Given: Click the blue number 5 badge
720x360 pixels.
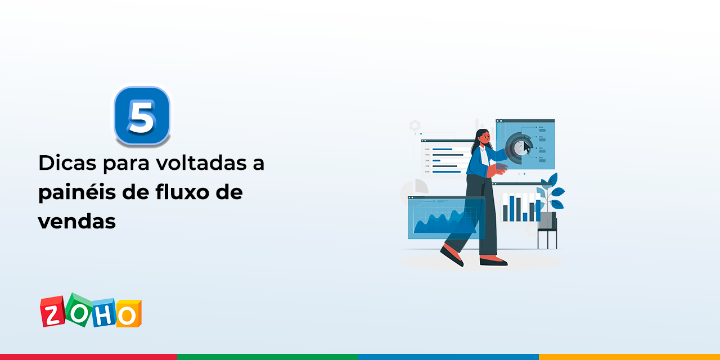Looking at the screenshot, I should coord(142,115).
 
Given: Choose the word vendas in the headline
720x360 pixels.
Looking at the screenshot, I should coord(76,222).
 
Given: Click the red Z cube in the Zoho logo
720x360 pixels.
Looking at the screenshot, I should coord(53,312).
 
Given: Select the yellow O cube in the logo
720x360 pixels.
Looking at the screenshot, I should coord(128,314).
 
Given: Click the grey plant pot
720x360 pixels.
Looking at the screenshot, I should coord(547,220).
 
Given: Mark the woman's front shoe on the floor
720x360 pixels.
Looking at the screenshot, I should coord(493,261).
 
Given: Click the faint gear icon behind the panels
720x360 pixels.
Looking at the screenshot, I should coord(415,125).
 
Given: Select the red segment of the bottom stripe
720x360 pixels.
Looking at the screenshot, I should coord(89,357).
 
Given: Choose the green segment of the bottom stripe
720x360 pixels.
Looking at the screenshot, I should coord(268,357).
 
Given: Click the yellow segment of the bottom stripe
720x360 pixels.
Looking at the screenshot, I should coord(629,357).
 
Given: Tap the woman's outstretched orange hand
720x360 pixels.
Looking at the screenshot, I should coord(499,168).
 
